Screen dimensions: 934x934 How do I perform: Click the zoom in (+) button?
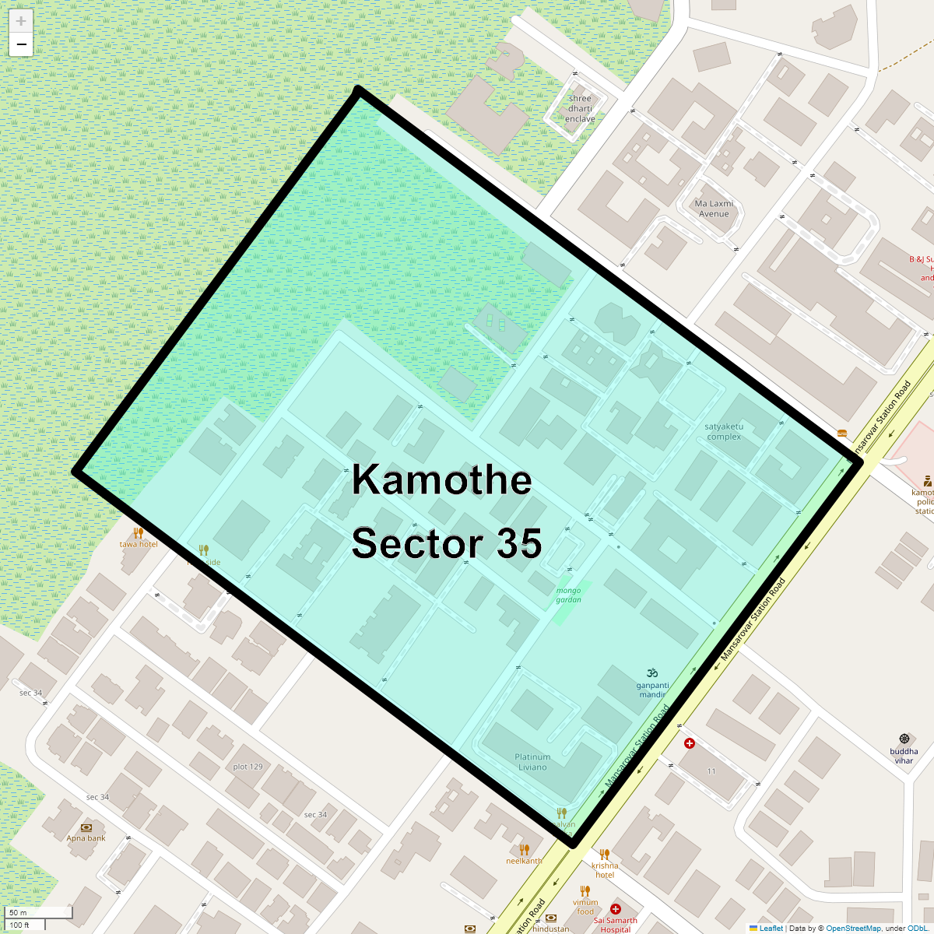click(x=21, y=22)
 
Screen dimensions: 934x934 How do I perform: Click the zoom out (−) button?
click(x=21, y=45)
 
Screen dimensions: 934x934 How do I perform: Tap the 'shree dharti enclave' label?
click(x=580, y=109)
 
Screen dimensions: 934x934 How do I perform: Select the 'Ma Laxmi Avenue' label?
click(x=714, y=209)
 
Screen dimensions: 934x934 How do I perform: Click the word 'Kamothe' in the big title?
click(x=441, y=479)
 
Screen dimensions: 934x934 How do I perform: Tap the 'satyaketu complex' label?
click(x=724, y=432)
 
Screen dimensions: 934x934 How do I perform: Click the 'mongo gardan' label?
click(x=569, y=595)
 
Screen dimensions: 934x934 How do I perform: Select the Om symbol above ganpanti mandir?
click(x=652, y=673)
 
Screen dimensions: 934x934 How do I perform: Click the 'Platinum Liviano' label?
click(x=532, y=762)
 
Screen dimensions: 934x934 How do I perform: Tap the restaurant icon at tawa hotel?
click(x=138, y=533)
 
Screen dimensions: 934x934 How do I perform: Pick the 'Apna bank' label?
click(x=86, y=838)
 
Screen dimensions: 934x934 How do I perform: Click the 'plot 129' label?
click(x=248, y=767)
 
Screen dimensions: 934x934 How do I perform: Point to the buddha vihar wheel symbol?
click(x=904, y=738)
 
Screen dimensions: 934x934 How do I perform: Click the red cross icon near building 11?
click(x=689, y=744)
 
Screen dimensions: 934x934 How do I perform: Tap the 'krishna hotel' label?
click(x=605, y=870)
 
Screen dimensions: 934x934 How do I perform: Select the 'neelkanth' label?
click(x=524, y=861)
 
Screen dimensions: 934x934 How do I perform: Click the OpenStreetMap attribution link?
click(x=853, y=928)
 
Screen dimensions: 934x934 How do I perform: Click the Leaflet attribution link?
click(x=771, y=928)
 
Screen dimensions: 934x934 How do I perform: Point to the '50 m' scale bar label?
click(x=18, y=912)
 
